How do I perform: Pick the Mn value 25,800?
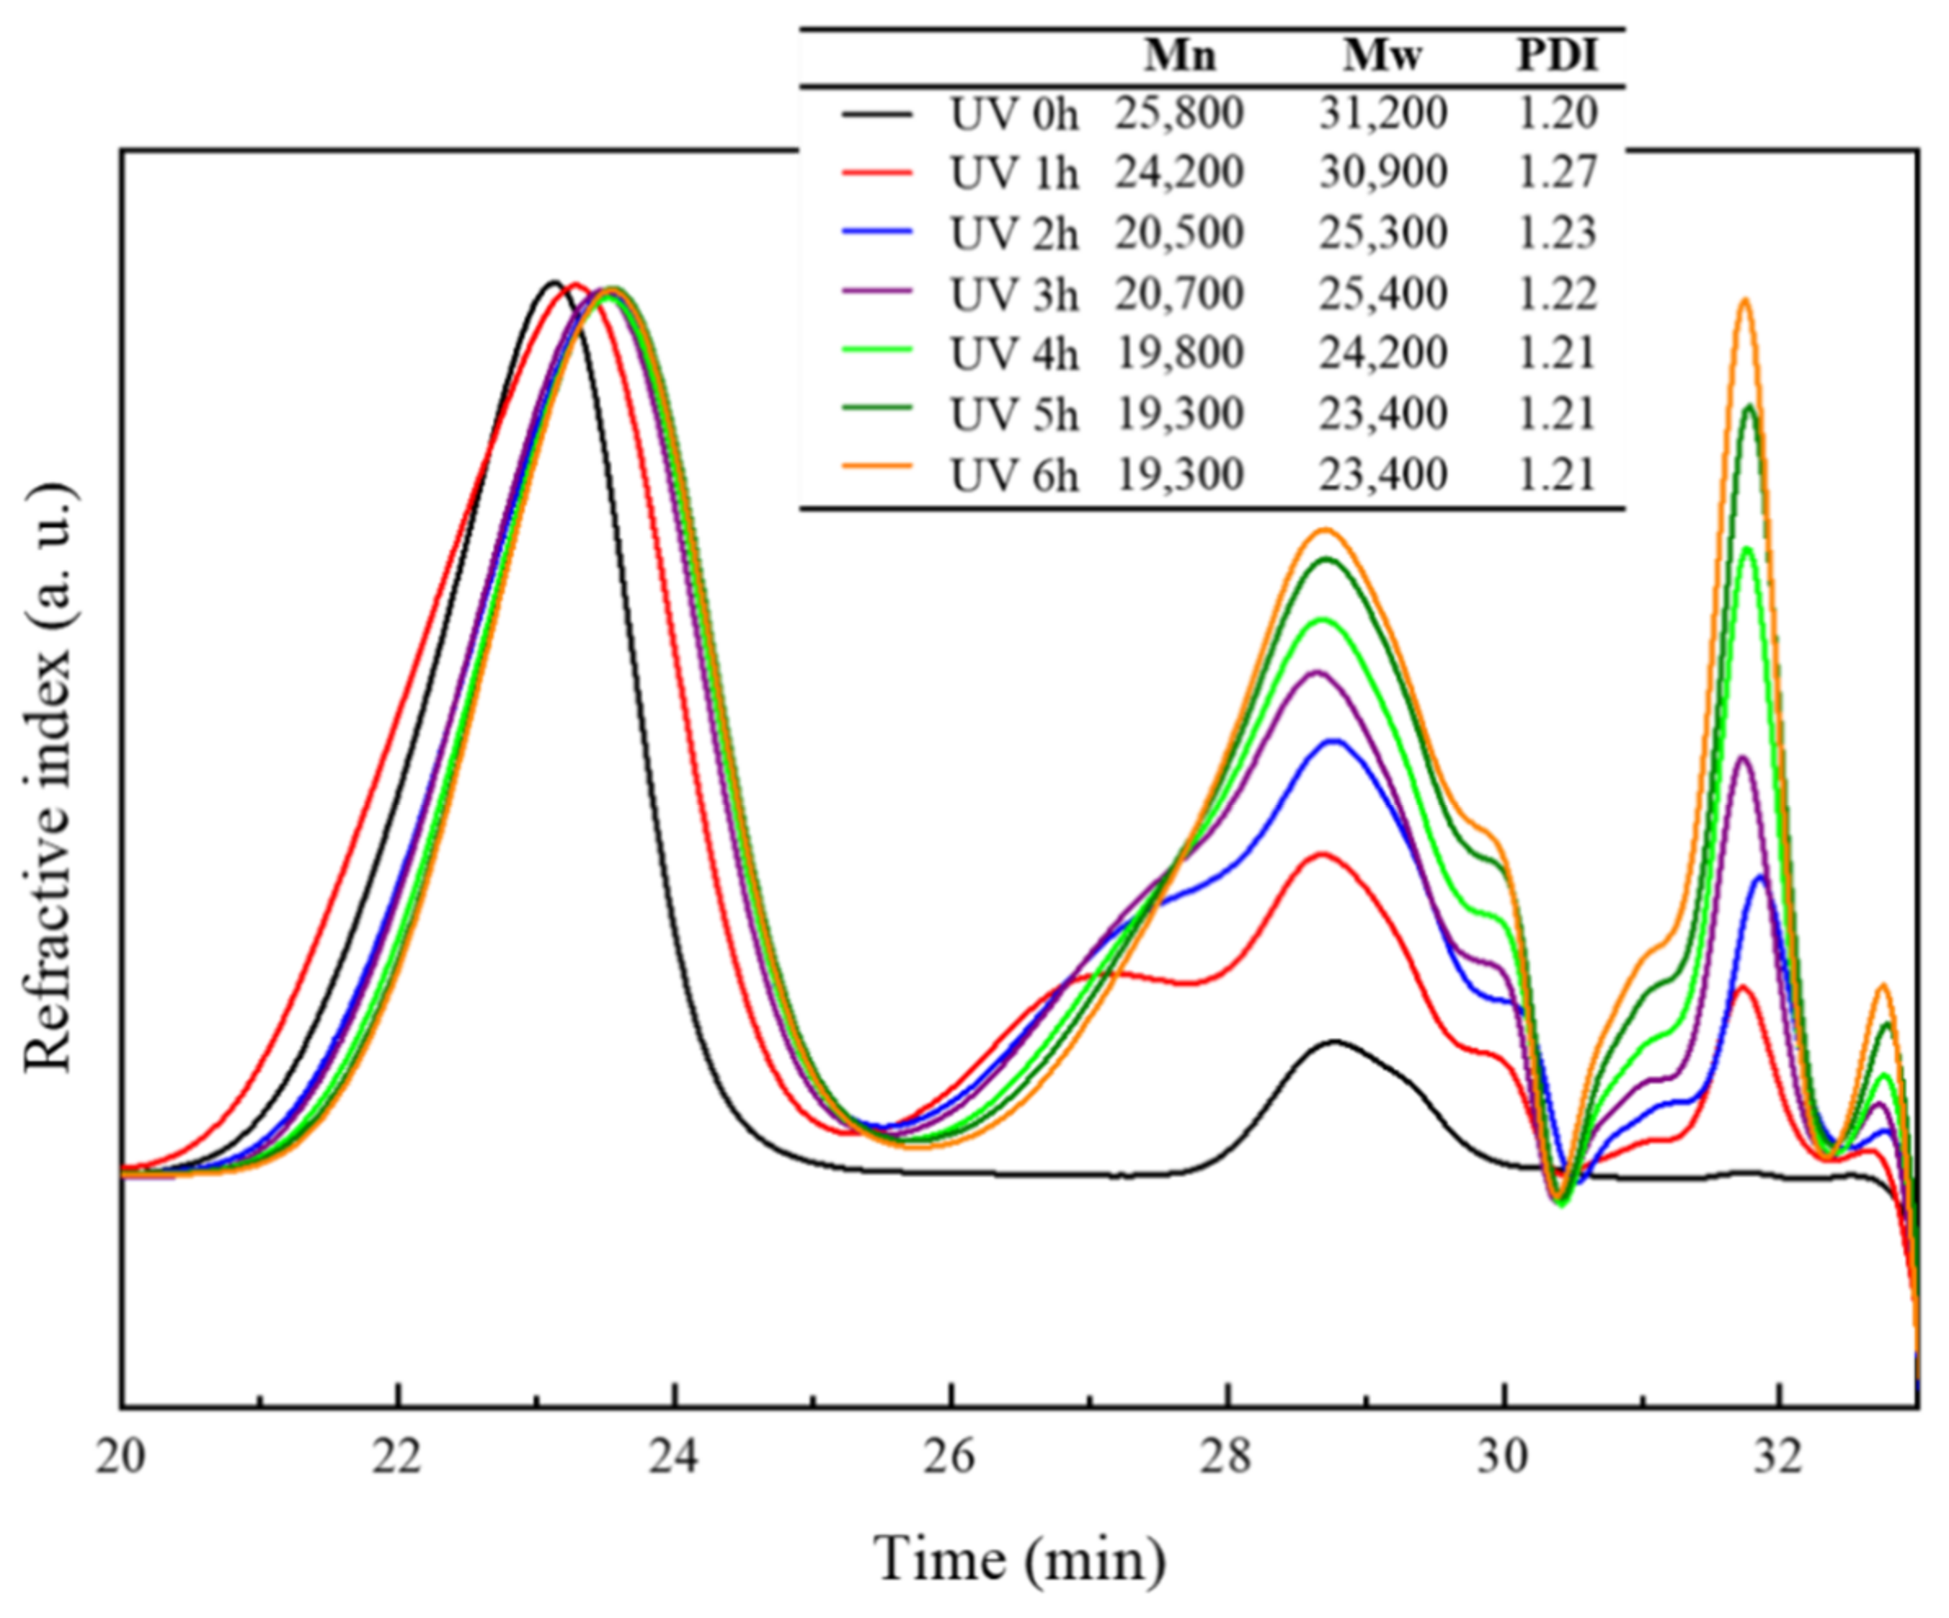point(1179,114)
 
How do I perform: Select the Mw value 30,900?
point(1383,174)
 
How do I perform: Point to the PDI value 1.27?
point(1557,174)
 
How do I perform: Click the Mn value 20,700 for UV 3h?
point(1179,294)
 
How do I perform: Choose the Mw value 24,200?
point(1383,353)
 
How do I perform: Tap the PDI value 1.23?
point(1557,233)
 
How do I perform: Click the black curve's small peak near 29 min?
point(1334,1042)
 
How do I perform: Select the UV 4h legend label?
point(1014,354)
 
